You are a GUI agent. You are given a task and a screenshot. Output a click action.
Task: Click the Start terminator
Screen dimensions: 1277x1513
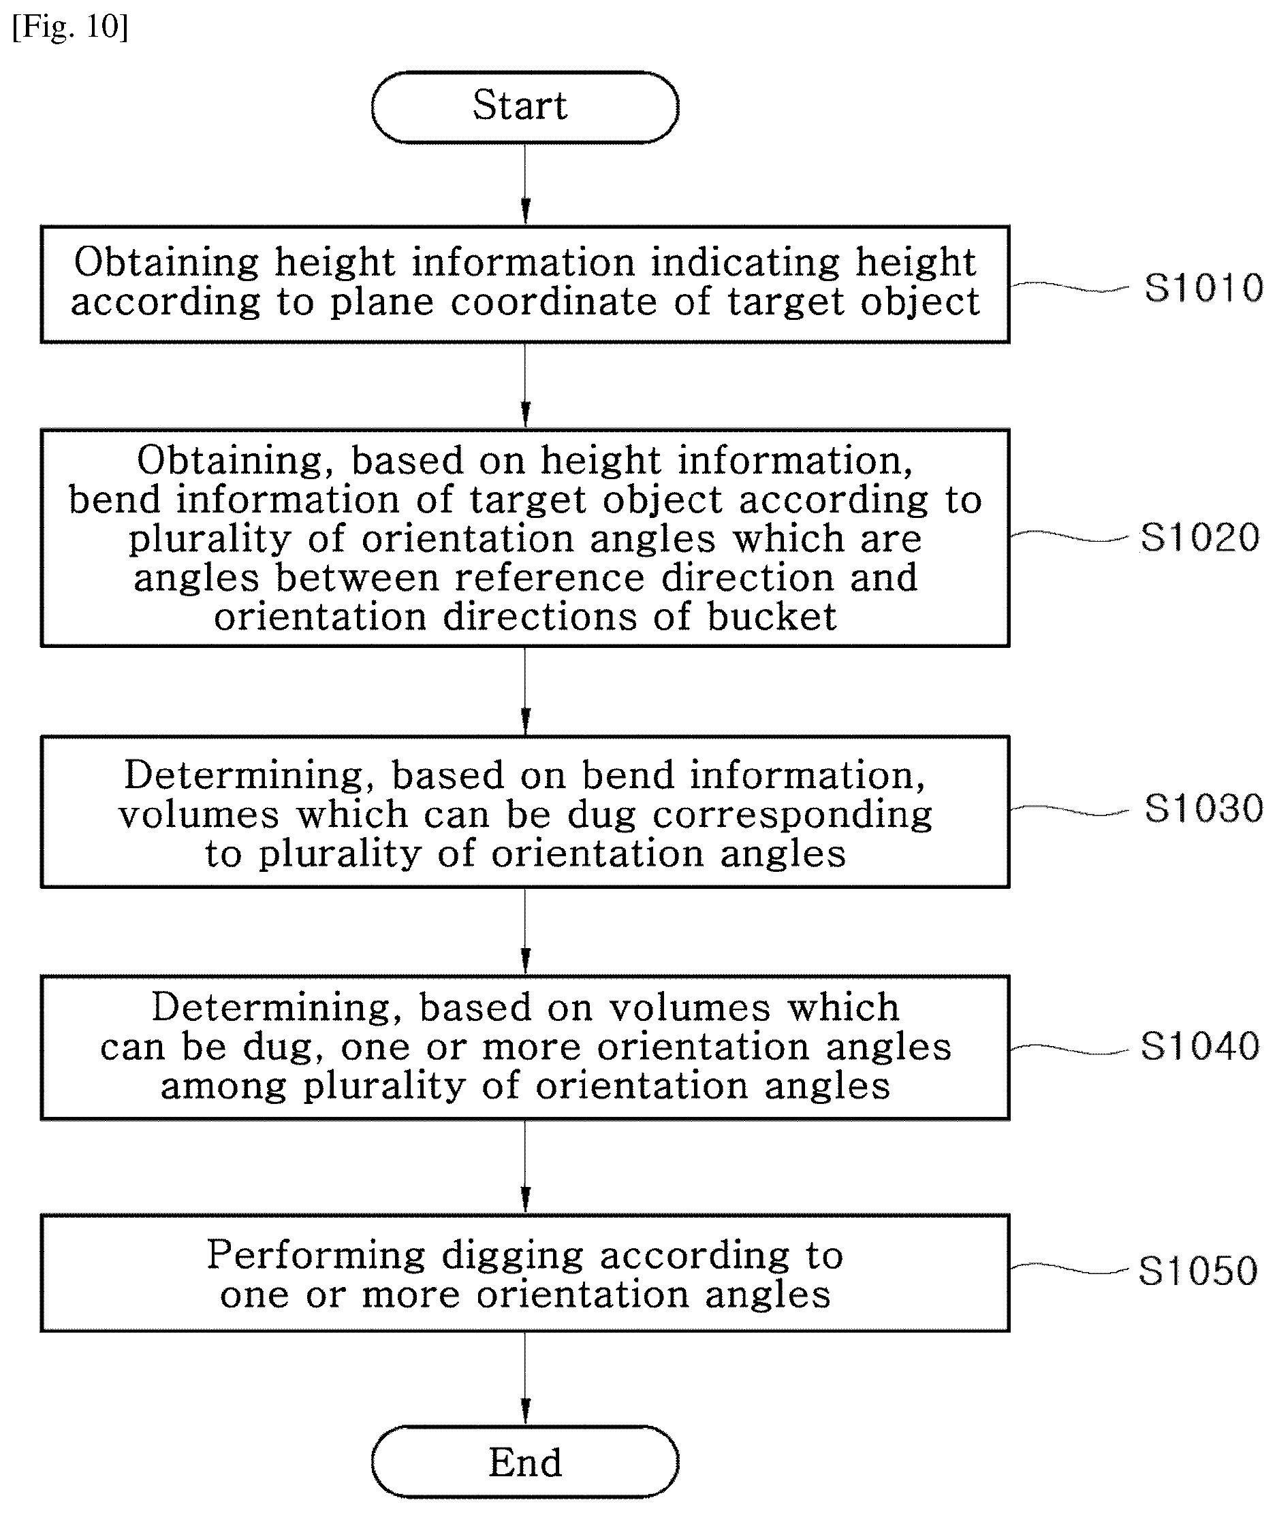click(x=525, y=107)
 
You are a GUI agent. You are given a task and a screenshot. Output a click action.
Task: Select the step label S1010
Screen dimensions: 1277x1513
click(x=1204, y=287)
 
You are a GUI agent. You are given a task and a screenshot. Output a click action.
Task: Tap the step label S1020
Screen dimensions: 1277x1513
click(x=1200, y=538)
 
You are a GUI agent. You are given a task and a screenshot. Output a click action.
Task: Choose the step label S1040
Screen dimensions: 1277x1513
click(x=1200, y=1046)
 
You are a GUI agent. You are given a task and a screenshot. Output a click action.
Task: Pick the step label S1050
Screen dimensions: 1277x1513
click(x=1198, y=1271)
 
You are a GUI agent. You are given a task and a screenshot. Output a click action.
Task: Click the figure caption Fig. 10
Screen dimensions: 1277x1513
click(x=70, y=27)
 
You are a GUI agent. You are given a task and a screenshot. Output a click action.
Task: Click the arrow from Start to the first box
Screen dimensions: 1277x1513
click(x=526, y=184)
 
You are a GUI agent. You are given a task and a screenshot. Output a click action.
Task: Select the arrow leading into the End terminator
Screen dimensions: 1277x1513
click(x=526, y=1378)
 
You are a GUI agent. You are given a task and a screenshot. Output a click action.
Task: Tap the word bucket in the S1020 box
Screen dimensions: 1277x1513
click(x=771, y=617)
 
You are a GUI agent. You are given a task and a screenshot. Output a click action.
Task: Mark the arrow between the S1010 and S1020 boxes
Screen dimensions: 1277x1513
click(x=526, y=386)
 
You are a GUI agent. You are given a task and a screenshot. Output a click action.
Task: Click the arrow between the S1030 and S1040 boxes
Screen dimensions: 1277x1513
click(x=526, y=932)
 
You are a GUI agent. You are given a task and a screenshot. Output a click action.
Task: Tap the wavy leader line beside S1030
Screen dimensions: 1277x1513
click(x=1069, y=810)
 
